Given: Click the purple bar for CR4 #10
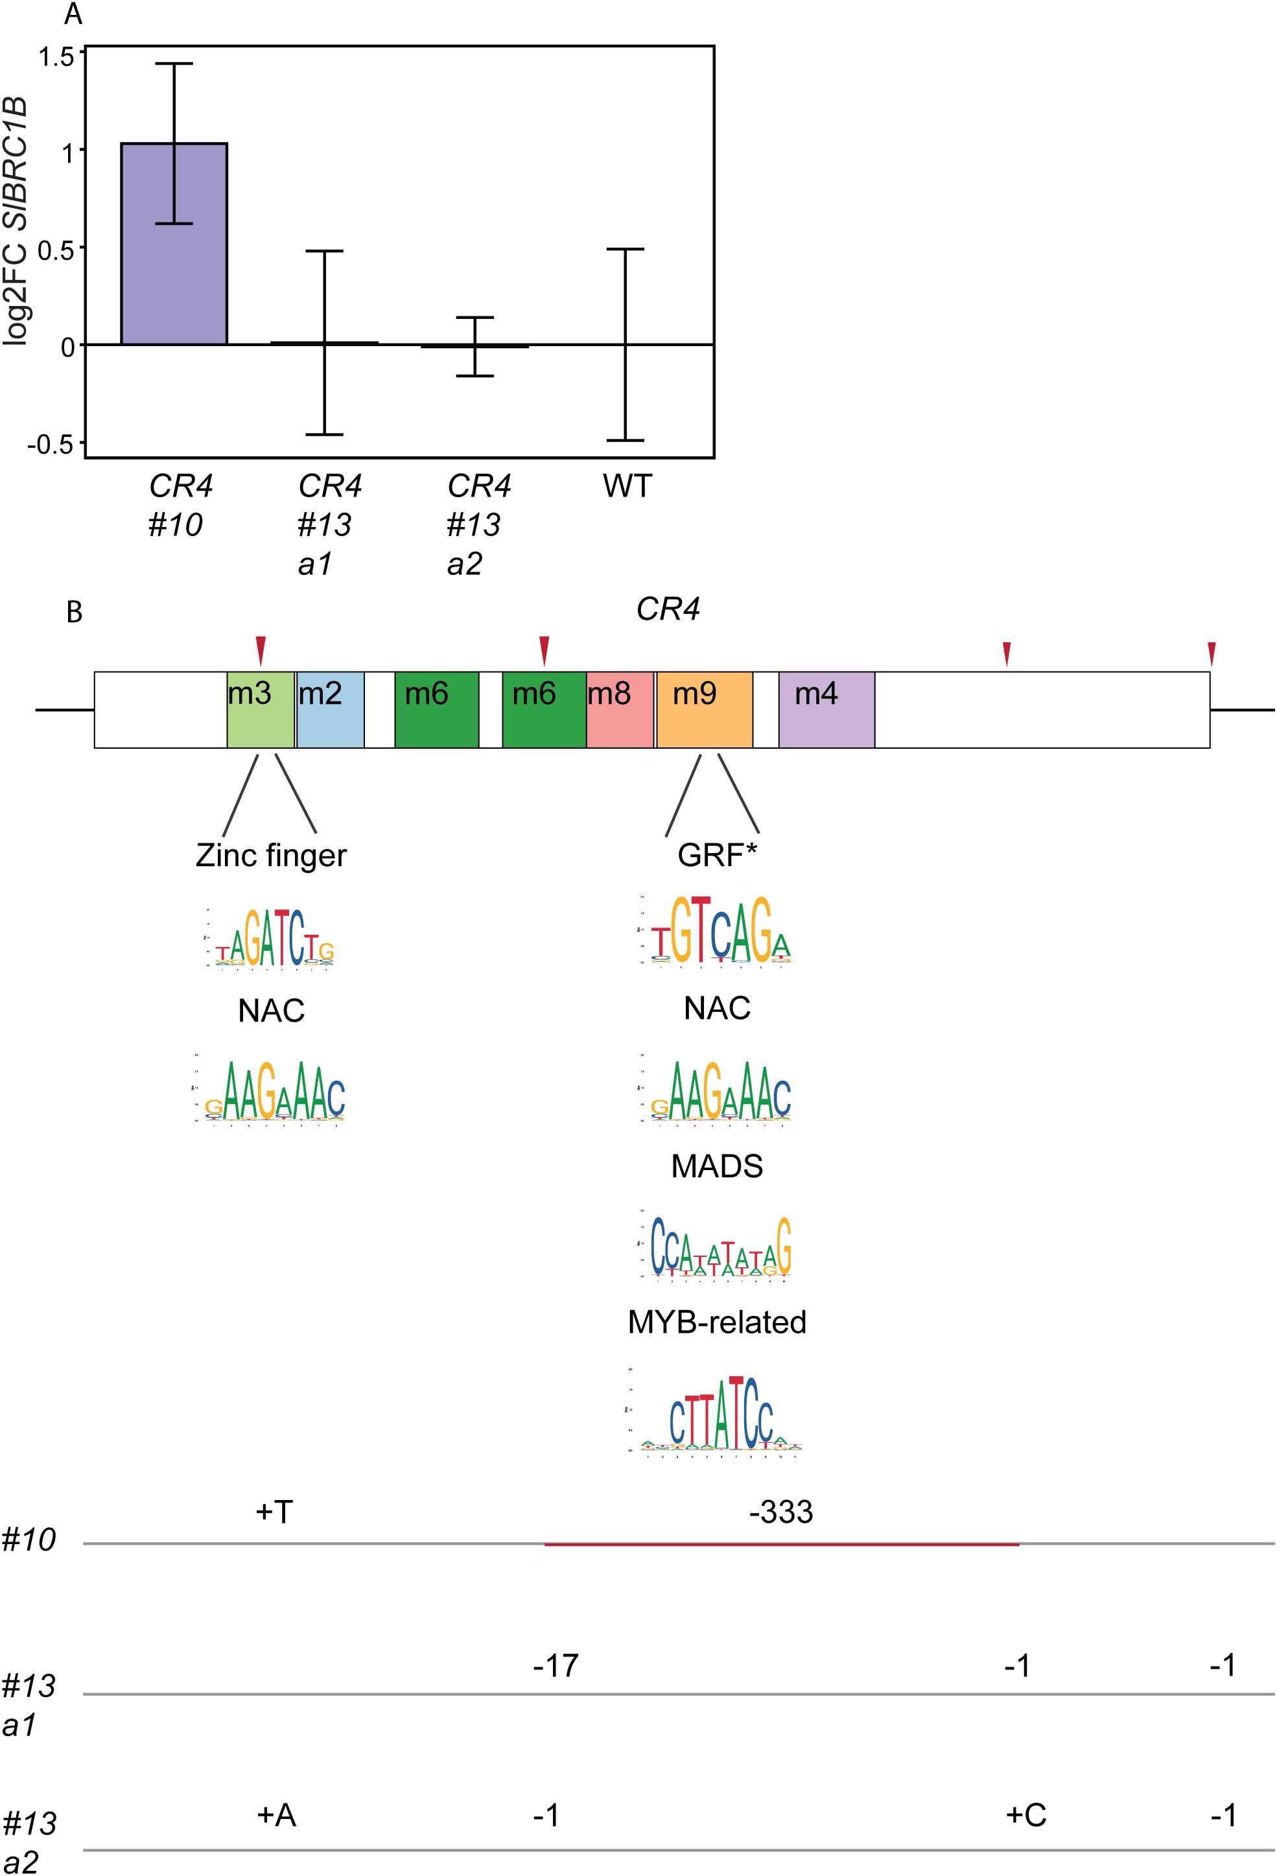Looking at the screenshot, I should pos(174,243).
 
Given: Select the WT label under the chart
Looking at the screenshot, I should pos(627,487).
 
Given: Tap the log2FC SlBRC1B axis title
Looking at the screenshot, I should pos(16,221).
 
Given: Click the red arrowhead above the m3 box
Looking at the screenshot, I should pos(260,649).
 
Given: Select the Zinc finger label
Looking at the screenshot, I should pos(271,856).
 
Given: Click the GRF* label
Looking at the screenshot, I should pos(716,856).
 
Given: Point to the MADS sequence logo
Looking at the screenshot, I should pos(717,1248).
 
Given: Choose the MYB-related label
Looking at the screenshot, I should pos(717,1322).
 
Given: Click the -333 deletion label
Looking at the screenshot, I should pos(780,1512).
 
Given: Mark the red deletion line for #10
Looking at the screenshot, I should pos(781,1544).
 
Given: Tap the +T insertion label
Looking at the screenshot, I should pos(274,1512).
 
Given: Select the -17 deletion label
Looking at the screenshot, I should pos(556,1665).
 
